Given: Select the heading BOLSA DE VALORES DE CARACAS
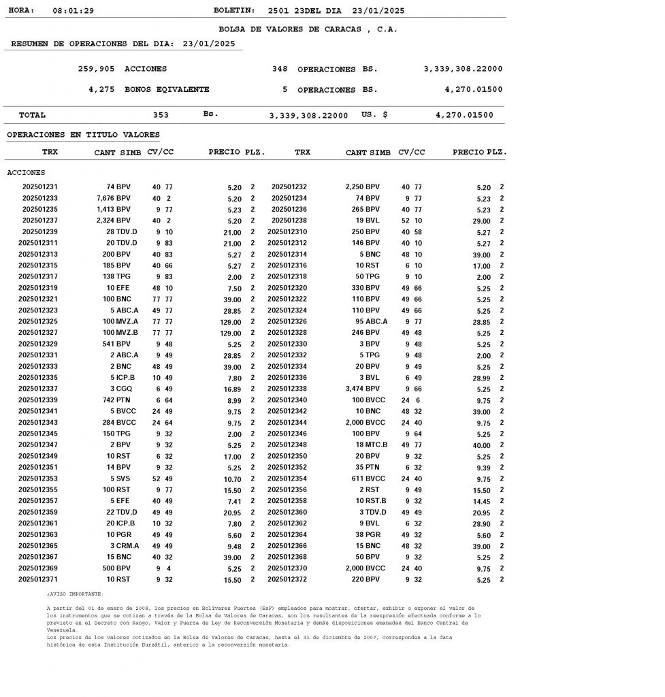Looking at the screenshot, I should [x=308, y=29].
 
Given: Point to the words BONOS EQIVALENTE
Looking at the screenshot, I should [x=167, y=89].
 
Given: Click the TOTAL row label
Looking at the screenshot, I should [x=32, y=115].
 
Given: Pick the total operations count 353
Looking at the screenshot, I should [x=161, y=115].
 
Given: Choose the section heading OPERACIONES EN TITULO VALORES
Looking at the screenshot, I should [x=83, y=135].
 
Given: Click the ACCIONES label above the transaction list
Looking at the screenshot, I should [x=26, y=173].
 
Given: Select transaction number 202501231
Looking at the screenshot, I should [x=40, y=187].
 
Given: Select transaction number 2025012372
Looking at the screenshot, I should [x=287, y=579].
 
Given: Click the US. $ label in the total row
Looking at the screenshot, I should [x=374, y=115].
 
